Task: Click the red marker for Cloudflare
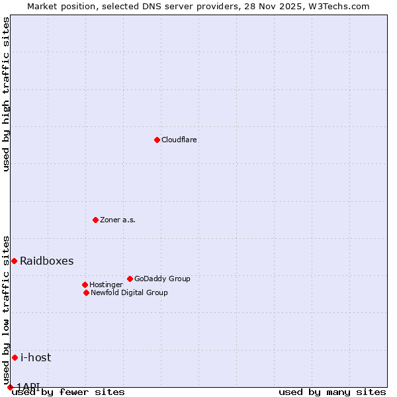click(x=157, y=140)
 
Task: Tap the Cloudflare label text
click(x=179, y=140)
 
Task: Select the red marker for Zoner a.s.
click(x=95, y=220)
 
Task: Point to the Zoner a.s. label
click(x=118, y=220)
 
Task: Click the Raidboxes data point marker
click(x=14, y=261)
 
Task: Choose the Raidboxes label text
click(x=47, y=261)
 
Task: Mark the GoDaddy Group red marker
click(x=130, y=279)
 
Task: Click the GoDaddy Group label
click(x=162, y=279)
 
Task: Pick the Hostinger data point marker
click(x=85, y=285)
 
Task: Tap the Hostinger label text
click(x=106, y=285)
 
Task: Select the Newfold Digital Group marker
click(x=86, y=292)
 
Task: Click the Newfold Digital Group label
click(x=129, y=293)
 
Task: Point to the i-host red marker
click(x=15, y=357)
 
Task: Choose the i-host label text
click(x=36, y=358)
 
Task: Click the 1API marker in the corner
click(x=10, y=387)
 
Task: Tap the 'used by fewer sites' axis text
click(x=68, y=392)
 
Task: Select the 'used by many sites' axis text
click(x=332, y=392)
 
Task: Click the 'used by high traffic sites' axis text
click(x=7, y=94)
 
